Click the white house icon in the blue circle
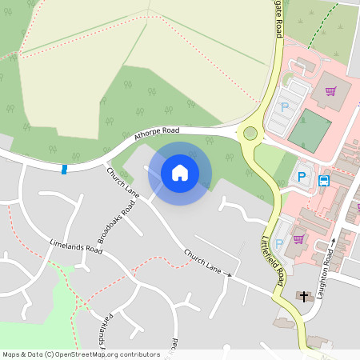[180, 172]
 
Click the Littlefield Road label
[274, 262]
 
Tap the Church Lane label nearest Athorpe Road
[122, 183]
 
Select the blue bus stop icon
[324, 181]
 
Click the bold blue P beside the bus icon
[302, 177]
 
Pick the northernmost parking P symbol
[284, 106]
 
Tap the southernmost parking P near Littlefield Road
[278, 243]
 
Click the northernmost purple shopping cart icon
[330, 90]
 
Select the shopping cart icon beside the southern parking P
[298, 238]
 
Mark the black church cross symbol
[303, 295]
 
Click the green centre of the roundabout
[250, 134]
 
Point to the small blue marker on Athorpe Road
[64, 169]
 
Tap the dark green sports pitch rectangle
[309, 130]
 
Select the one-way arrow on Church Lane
[228, 275]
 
